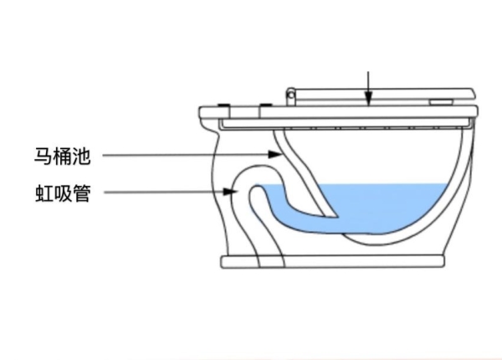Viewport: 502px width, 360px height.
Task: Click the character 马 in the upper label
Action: point(42,155)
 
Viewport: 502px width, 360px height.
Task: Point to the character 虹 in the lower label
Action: point(42,194)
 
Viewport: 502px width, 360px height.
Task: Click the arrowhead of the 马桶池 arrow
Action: point(277,155)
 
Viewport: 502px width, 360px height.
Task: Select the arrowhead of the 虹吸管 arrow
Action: point(236,193)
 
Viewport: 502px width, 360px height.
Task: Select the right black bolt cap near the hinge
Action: point(265,106)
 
